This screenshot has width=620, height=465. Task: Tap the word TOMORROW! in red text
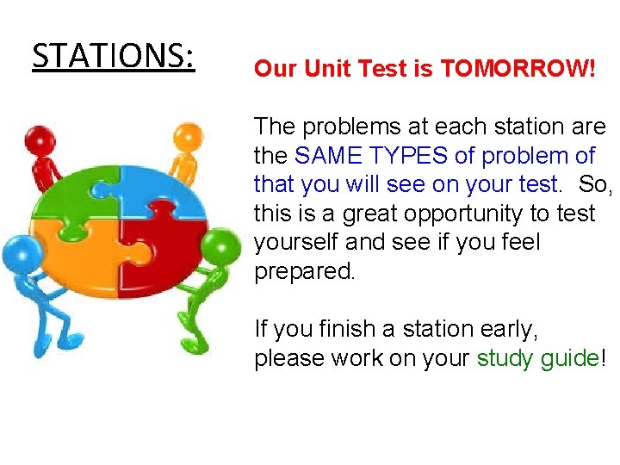(x=518, y=69)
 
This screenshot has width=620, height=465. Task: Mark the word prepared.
(x=304, y=271)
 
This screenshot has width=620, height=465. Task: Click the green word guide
(x=568, y=358)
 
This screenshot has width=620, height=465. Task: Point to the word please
(x=293, y=358)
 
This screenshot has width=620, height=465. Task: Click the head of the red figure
(x=40, y=139)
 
